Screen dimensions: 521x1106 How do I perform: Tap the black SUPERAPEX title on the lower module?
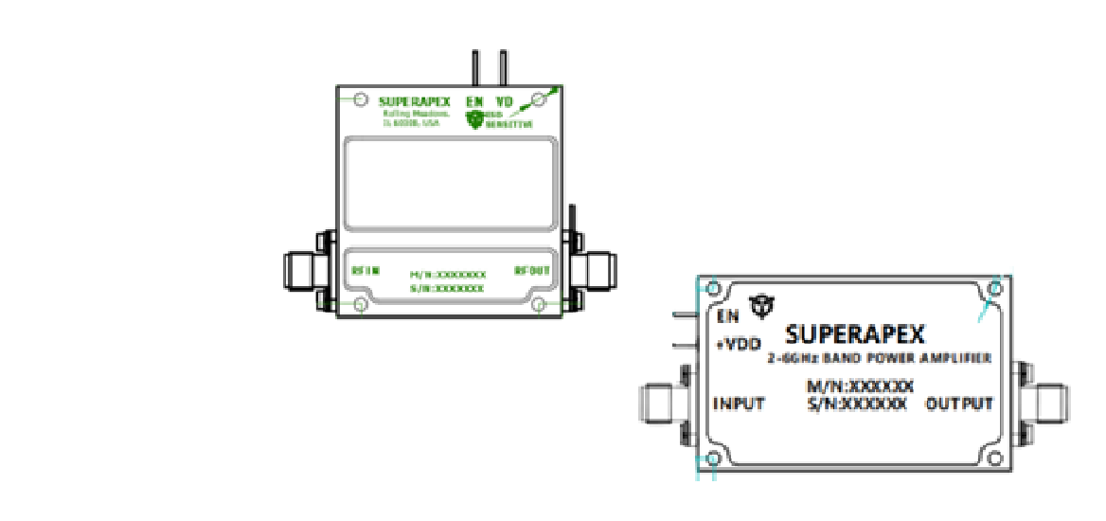[x=855, y=334]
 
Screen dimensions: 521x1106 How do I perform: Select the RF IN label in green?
[x=366, y=270]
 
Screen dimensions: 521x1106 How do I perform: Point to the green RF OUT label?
[x=532, y=270]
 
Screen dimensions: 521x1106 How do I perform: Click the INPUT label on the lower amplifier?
[x=739, y=404]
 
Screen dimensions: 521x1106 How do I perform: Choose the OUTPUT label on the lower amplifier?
[x=959, y=404]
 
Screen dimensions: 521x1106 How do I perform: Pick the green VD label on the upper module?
[x=505, y=101]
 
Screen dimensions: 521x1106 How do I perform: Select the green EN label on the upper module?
[x=476, y=101]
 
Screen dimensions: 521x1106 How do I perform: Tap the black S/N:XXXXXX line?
[x=856, y=404]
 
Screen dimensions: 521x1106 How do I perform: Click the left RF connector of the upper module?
[x=305, y=270]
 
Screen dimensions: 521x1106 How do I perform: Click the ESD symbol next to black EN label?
[x=761, y=305]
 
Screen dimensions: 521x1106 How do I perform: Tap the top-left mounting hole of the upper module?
[x=359, y=99]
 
